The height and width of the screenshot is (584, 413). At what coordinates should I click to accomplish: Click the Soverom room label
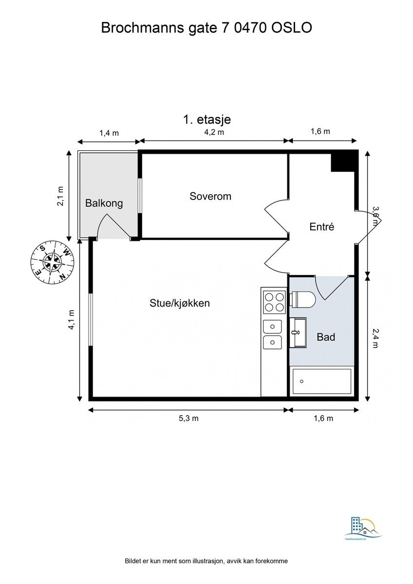(x=210, y=197)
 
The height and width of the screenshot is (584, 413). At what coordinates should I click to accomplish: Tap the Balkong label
(x=104, y=203)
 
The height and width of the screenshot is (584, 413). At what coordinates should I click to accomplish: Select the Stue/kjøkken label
(x=179, y=303)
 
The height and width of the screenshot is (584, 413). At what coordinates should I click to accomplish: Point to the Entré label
(x=322, y=226)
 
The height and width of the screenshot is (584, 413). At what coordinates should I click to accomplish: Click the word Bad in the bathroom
(x=325, y=336)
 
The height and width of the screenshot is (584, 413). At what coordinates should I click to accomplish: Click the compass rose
(x=52, y=261)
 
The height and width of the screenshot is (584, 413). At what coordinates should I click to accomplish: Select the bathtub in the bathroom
(x=321, y=383)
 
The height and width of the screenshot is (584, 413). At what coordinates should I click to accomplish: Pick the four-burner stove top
(x=274, y=301)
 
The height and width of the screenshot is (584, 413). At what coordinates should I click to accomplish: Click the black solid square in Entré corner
(x=343, y=162)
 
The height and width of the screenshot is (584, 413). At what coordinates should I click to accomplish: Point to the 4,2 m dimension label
(x=214, y=132)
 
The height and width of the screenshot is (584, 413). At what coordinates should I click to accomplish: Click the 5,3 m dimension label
(x=188, y=418)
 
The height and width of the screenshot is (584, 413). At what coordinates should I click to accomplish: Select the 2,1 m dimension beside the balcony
(x=60, y=196)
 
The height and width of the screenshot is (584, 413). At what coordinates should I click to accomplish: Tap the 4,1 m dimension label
(x=72, y=320)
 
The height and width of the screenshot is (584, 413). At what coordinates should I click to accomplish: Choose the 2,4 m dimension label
(x=375, y=338)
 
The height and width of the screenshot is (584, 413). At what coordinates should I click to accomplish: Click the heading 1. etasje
(x=206, y=119)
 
